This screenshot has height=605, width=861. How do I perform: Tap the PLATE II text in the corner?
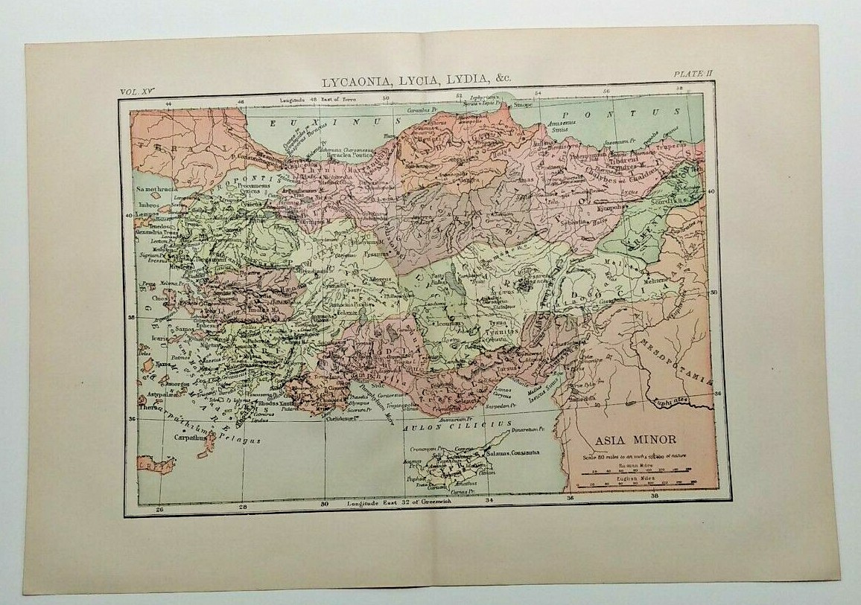(693, 72)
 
